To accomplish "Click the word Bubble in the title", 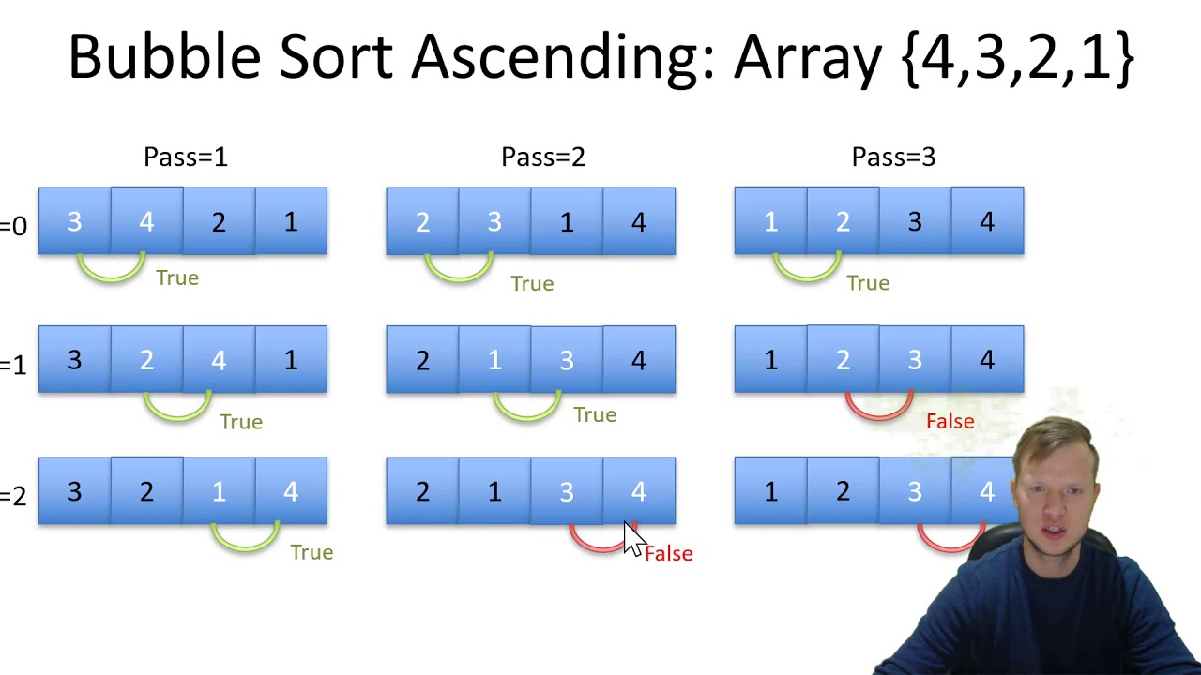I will click(x=165, y=58).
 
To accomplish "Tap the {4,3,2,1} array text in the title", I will click(x=1017, y=58).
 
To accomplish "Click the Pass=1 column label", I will click(x=185, y=157).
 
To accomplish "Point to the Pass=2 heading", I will click(x=542, y=157).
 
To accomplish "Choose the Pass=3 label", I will click(x=892, y=157).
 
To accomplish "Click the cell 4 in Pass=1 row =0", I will click(x=146, y=222).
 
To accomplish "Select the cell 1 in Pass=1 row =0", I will click(x=291, y=222).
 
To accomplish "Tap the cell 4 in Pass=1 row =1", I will click(x=219, y=360).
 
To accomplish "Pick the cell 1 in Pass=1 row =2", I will click(x=219, y=491).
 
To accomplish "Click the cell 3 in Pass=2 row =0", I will click(x=494, y=222).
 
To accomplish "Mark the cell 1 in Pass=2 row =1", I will click(x=494, y=360).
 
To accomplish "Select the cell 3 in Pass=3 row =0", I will click(x=915, y=222).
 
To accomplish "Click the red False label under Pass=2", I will click(x=668, y=554).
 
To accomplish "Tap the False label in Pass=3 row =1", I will click(x=950, y=422).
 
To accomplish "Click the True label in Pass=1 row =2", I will click(x=312, y=552).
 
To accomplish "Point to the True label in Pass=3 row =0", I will click(x=867, y=283).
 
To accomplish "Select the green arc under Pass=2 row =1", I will click(x=526, y=409).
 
